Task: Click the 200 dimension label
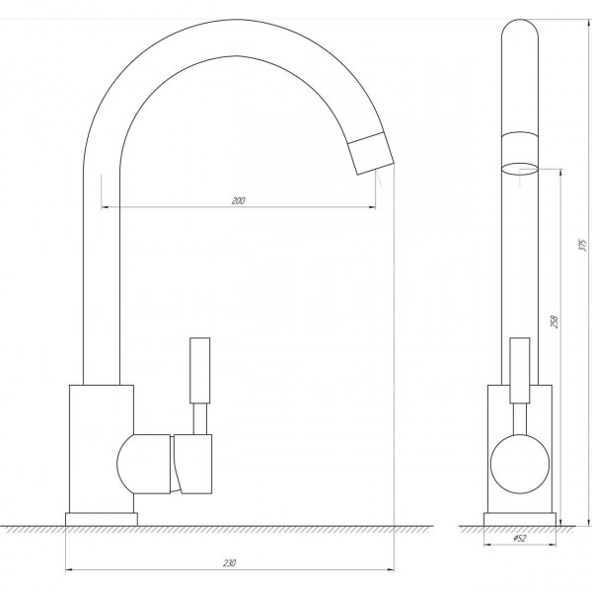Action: click(238, 200)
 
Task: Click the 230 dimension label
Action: click(229, 563)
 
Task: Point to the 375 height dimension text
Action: click(583, 246)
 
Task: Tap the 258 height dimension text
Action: click(555, 322)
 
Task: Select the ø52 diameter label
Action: click(520, 538)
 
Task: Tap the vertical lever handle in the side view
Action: click(520, 370)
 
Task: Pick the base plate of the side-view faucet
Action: click(520, 519)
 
